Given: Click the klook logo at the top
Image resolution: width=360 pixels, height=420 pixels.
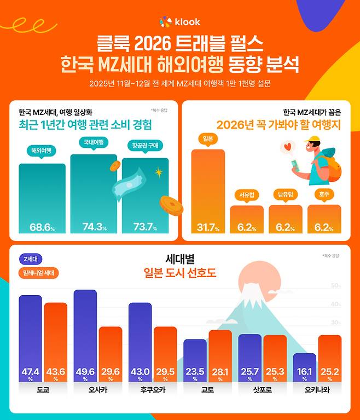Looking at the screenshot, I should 179,22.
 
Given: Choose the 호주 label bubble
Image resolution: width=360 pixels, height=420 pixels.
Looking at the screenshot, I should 324,194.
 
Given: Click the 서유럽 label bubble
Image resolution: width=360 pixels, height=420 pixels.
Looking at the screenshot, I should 246,194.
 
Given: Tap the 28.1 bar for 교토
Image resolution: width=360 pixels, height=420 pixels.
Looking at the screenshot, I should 220,356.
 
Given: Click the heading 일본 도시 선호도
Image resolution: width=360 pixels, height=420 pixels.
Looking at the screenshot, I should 179,273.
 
